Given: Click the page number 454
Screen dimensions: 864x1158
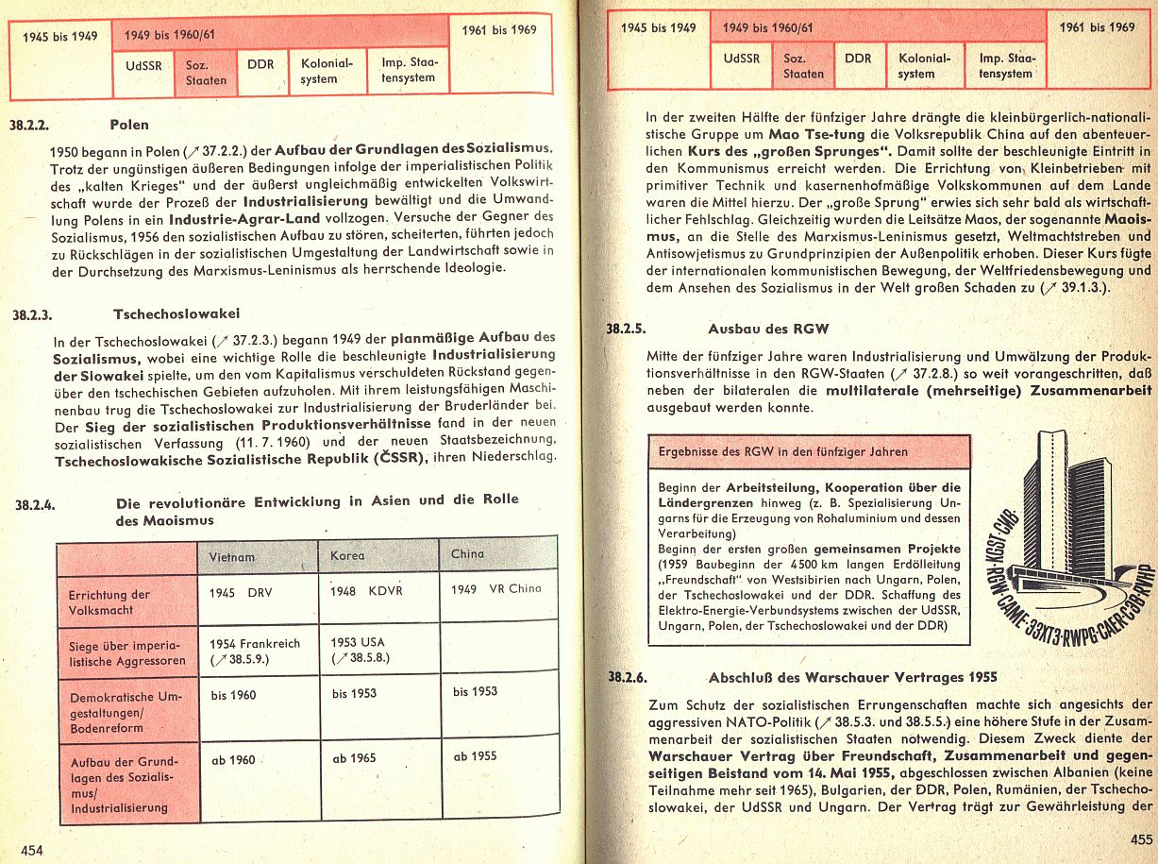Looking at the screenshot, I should click(33, 850).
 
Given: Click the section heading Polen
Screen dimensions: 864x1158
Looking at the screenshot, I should click(129, 124).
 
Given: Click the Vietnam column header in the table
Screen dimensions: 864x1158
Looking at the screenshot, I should click(231, 557).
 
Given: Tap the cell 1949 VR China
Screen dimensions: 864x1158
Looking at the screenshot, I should click(495, 588).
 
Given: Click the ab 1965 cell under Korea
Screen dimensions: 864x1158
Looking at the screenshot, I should click(354, 757).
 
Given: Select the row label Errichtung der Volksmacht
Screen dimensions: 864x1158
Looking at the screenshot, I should click(109, 602).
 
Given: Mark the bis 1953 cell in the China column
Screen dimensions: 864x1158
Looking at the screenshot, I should click(475, 691).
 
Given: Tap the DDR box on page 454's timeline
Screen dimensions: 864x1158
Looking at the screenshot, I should click(260, 66).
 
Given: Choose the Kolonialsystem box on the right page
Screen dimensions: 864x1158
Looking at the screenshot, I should click(916, 65).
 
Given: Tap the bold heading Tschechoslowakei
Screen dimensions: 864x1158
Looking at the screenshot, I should click(176, 313).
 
